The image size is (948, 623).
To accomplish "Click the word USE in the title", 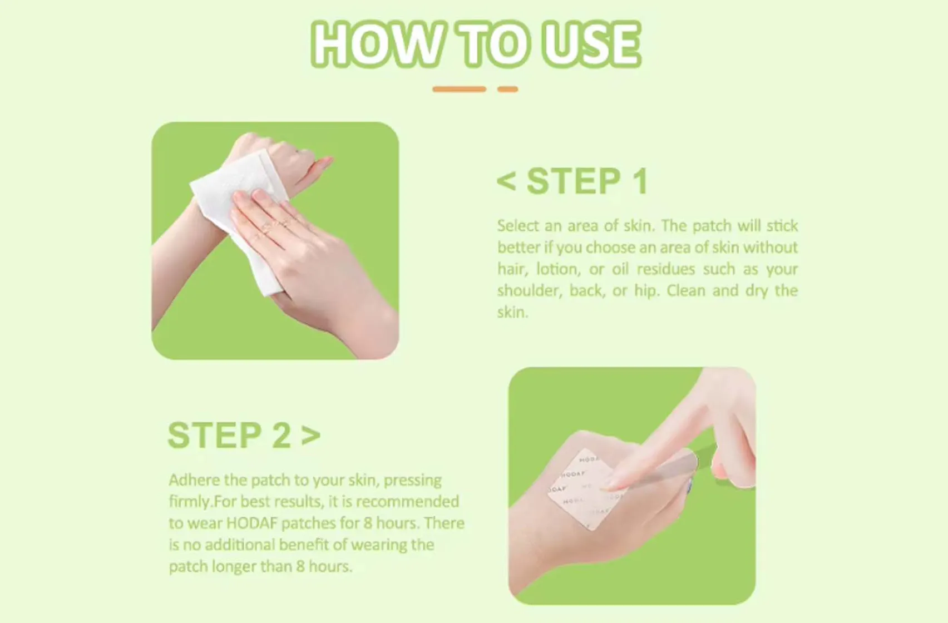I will point(591,44).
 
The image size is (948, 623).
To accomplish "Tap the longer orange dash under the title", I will point(459,89).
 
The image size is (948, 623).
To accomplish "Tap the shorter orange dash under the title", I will point(507,89).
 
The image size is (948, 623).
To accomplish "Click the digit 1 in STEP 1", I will point(640,181).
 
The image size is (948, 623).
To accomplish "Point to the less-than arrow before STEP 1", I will point(506,181).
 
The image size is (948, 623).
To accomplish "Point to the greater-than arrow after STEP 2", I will point(311,435).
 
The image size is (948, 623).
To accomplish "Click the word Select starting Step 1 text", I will point(518,226).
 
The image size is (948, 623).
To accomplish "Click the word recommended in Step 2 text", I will point(407,502).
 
